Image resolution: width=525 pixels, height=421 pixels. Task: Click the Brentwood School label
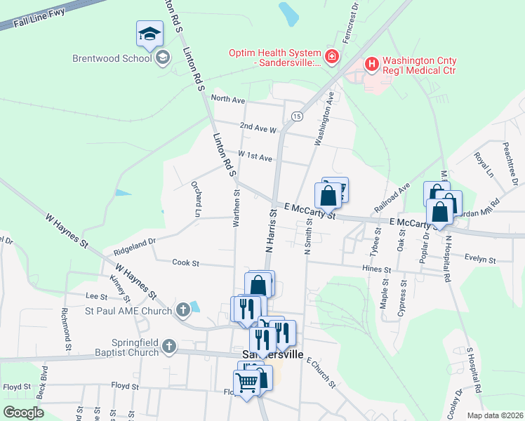pos(112,58)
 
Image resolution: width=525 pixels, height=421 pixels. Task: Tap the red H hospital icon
pos(371,65)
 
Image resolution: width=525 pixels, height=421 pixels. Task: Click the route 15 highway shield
pos(298,116)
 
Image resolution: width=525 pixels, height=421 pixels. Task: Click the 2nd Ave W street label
pos(258,128)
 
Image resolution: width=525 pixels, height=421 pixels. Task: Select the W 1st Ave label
pos(255,156)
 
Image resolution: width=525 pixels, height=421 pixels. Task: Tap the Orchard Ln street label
pos(197,199)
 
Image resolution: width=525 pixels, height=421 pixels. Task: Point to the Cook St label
pos(186,263)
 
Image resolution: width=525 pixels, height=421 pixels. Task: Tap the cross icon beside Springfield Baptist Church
pos(169,346)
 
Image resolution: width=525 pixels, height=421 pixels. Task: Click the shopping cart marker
pos(246,383)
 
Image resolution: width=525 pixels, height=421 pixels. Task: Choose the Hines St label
pos(376,269)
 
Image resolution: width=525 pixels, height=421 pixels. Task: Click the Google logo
pos(23,412)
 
